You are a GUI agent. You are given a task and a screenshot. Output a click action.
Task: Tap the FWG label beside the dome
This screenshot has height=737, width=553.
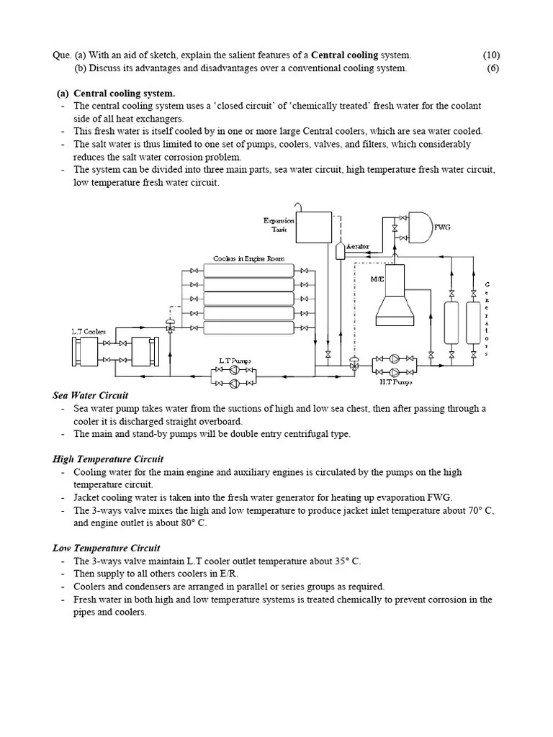click(x=442, y=227)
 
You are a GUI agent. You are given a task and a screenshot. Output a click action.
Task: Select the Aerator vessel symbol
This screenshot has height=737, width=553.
click(x=340, y=249)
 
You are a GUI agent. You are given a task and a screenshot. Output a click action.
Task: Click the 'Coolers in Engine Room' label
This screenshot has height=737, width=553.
click(x=248, y=258)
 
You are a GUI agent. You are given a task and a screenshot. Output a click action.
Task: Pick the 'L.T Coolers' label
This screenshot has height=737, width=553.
click(x=89, y=332)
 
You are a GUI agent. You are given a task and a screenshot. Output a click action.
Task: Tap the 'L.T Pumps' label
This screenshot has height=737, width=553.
click(x=235, y=360)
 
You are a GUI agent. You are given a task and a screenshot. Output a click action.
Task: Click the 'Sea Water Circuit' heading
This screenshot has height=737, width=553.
click(x=90, y=395)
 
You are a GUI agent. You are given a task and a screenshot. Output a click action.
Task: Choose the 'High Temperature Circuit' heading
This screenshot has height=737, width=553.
click(x=108, y=458)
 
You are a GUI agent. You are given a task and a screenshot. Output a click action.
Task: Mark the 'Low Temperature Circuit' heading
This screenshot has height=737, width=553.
click(x=107, y=548)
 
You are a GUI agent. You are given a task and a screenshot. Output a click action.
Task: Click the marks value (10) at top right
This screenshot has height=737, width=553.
click(x=491, y=55)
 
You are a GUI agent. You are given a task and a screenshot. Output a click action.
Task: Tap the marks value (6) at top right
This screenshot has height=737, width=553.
click(x=493, y=68)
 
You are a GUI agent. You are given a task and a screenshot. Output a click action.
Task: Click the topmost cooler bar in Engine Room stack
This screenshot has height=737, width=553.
click(x=248, y=271)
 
